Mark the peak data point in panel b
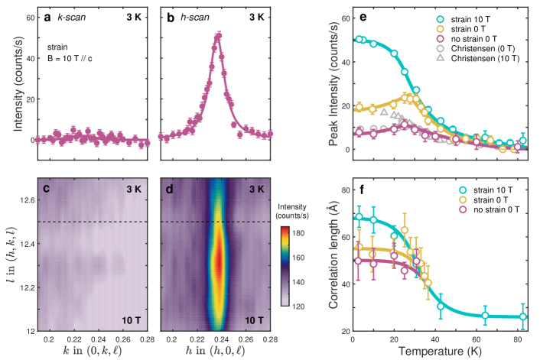click(x=219, y=35)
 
